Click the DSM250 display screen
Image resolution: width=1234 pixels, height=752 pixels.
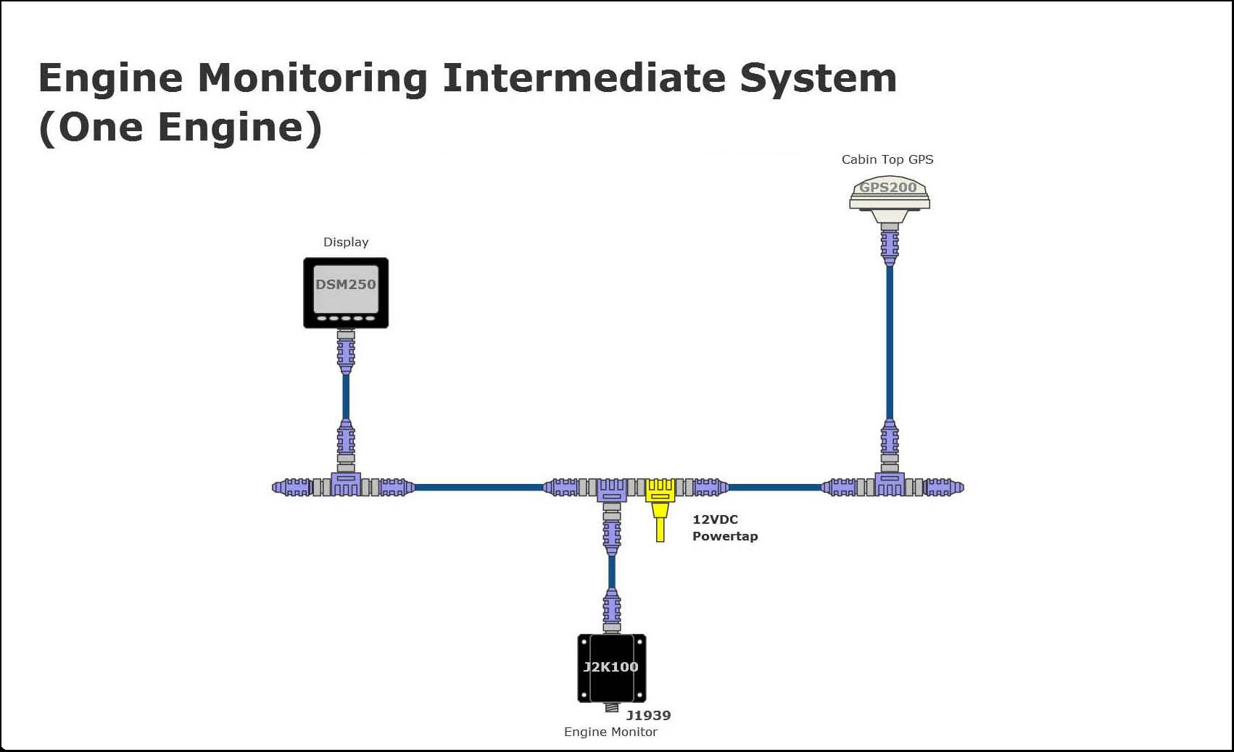click(x=346, y=288)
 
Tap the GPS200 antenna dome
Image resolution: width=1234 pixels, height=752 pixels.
click(x=889, y=192)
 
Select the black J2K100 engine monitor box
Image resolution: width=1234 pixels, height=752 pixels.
click(x=611, y=668)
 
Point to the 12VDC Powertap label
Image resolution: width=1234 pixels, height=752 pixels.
click(x=724, y=528)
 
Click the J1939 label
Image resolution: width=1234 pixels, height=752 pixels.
click(x=648, y=715)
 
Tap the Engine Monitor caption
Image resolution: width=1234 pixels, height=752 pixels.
click(x=610, y=732)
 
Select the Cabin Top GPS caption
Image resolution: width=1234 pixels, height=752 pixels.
click(x=887, y=159)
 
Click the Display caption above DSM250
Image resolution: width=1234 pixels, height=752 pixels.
click(x=346, y=242)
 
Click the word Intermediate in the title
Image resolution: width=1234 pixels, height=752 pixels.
click(x=584, y=78)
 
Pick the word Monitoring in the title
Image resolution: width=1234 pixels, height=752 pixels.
click(x=312, y=78)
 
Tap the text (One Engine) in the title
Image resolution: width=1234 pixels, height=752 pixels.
click(x=180, y=128)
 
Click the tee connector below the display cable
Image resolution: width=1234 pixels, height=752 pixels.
click(x=346, y=484)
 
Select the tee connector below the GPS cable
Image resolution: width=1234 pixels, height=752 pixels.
click(x=890, y=484)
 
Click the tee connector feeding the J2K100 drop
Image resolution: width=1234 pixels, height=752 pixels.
click(x=611, y=489)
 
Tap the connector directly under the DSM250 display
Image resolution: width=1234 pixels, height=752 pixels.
click(x=346, y=352)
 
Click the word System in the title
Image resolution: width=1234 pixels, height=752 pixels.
click(x=818, y=78)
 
